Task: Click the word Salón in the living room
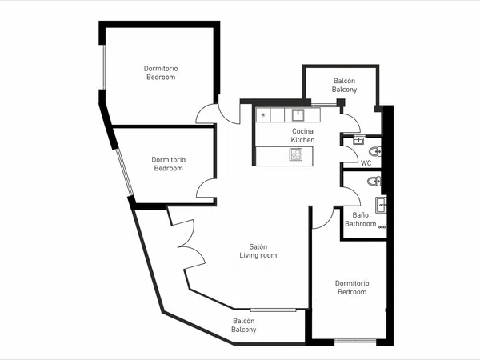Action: pyautogui.click(x=258, y=246)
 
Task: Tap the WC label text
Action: pyautogui.click(x=366, y=163)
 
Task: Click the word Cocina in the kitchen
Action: pyautogui.click(x=302, y=131)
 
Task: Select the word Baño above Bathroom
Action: pyautogui.click(x=360, y=215)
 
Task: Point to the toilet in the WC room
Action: pyautogui.click(x=374, y=151)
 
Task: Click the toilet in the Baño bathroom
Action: pyautogui.click(x=374, y=182)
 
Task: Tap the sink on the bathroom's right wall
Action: pyautogui.click(x=381, y=205)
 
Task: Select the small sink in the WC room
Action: pyautogui.click(x=358, y=140)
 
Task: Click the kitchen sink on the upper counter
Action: pyautogui.click(x=298, y=115)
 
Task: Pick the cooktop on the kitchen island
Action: pyautogui.click(x=296, y=154)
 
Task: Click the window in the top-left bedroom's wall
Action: pyautogui.click(x=103, y=67)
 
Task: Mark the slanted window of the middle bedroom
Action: pyautogui.click(x=125, y=172)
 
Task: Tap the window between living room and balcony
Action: pyautogui.click(x=273, y=310)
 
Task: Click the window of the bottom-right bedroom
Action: pyautogui.click(x=355, y=341)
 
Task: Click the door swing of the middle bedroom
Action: pyautogui.click(x=206, y=188)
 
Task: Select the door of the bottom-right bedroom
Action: pyautogui.click(x=322, y=218)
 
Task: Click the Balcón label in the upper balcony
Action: pyautogui.click(x=344, y=81)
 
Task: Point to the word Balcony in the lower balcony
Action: pyautogui.click(x=244, y=330)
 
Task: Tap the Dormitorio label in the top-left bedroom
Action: pyautogui.click(x=161, y=68)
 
